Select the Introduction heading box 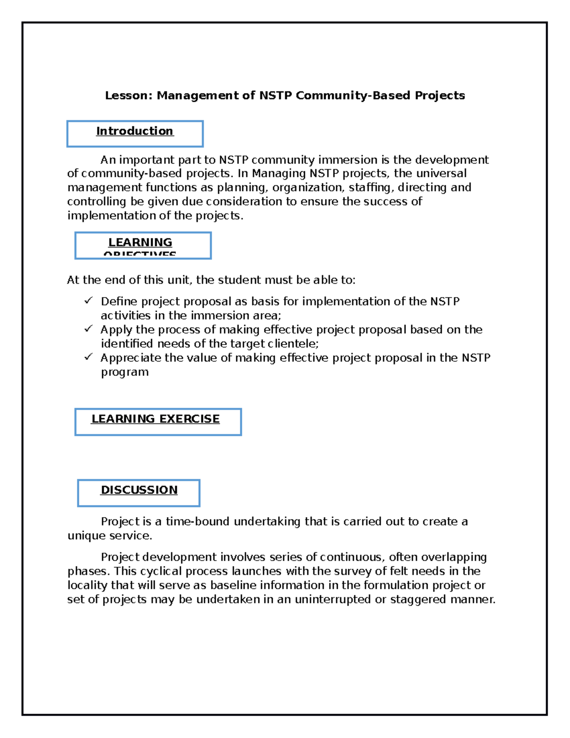tap(135, 133)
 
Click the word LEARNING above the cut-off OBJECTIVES tap(140, 242)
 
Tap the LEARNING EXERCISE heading tap(155, 419)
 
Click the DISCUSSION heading tap(139, 490)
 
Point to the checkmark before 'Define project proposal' tap(88, 301)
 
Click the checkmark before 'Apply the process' tap(88, 329)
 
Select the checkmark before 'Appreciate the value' tap(88, 357)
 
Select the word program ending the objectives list tap(124, 372)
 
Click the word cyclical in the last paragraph tap(161, 571)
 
